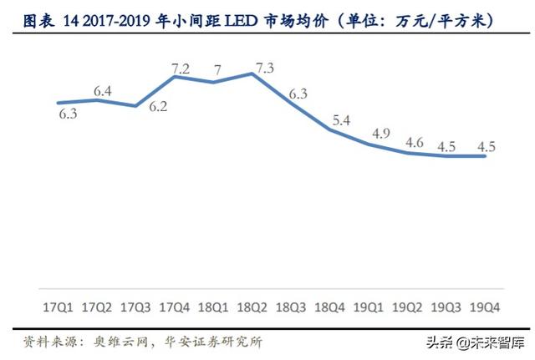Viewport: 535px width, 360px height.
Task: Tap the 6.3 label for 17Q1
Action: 68,114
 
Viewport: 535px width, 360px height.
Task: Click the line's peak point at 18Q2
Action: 252,74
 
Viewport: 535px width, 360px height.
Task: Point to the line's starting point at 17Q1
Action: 58,103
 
